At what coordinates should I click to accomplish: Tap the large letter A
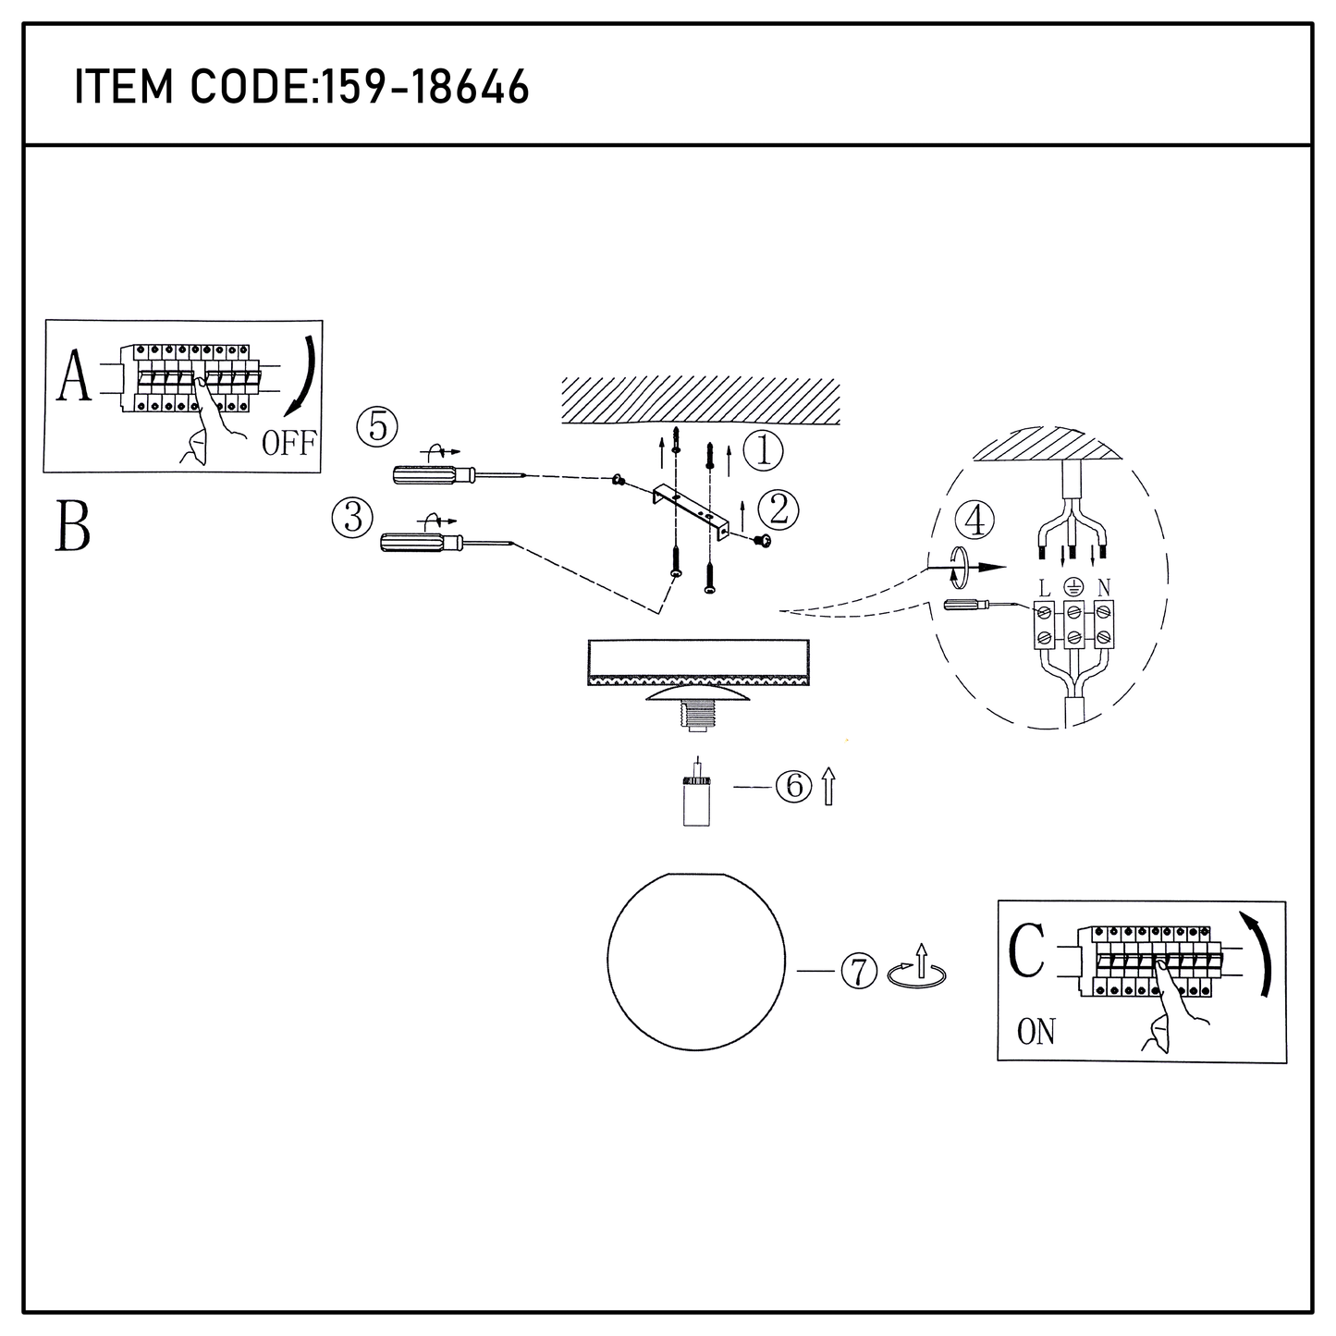click(74, 375)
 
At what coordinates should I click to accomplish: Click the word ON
click(1036, 1032)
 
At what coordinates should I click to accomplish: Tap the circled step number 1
click(763, 450)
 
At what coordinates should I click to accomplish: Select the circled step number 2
click(778, 510)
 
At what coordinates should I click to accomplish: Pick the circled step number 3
click(352, 517)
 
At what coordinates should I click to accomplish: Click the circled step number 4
click(974, 521)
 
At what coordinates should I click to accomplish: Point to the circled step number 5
click(377, 426)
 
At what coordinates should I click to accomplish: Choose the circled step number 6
click(794, 786)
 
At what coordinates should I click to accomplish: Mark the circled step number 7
click(859, 971)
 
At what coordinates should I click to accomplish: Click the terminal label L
click(1044, 589)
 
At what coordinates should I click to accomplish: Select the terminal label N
click(1104, 587)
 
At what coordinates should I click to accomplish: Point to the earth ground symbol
click(1073, 587)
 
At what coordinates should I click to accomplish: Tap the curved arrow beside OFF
click(306, 378)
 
